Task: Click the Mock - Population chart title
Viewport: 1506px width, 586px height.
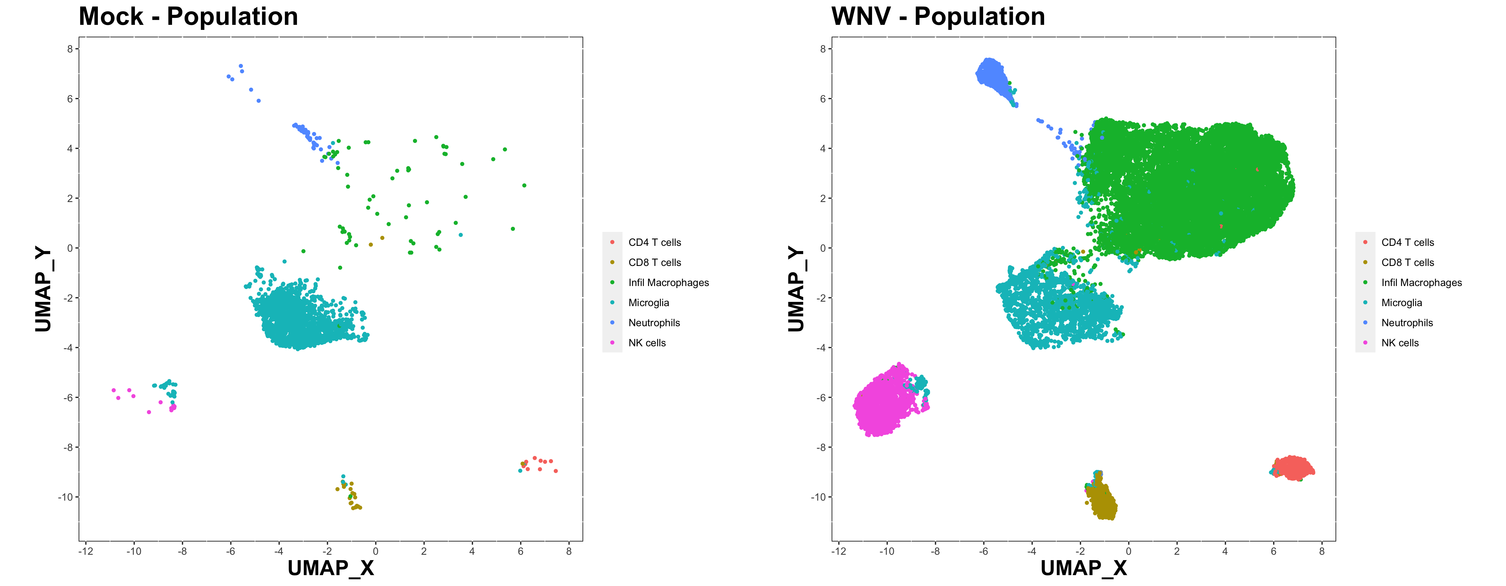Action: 188,16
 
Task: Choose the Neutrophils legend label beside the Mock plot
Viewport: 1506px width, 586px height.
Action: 654,323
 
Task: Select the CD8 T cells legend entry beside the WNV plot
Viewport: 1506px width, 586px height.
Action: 1407,263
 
